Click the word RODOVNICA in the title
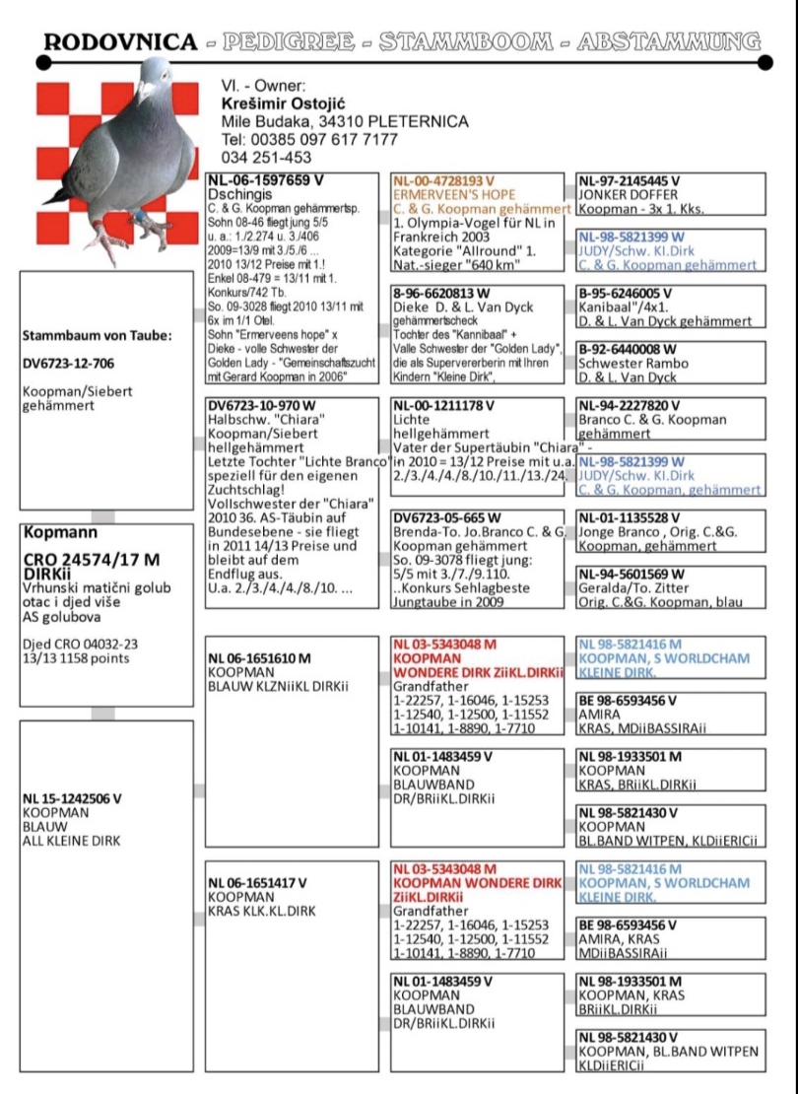pyautogui.click(x=121, y=41)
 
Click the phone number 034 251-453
pyautogui.click(x=266, y=157)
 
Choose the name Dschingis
pyautogui.click(x=236, y=195)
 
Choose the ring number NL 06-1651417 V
pyautogui.click(x=258, y=883)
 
